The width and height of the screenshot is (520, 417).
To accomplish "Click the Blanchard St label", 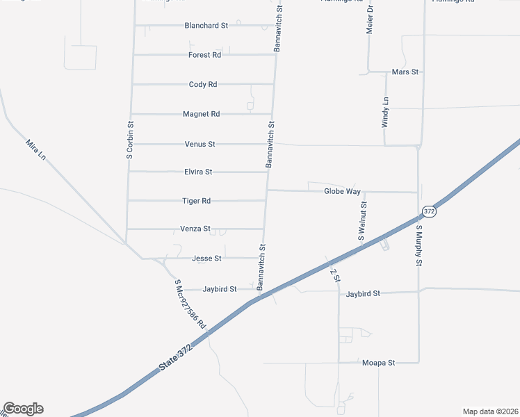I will click(206, 26).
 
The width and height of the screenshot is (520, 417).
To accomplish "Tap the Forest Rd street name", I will click(204, 55).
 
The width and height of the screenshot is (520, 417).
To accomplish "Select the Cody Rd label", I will click(203, 85).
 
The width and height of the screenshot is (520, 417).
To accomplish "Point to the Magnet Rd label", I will click(201, 114).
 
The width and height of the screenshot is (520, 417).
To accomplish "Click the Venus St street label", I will click(200, 145).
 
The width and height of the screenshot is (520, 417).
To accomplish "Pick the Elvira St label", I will click(198, 172).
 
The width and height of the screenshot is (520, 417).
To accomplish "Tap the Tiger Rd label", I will click(196, 201).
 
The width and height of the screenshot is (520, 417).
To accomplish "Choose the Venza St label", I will click(195, 229).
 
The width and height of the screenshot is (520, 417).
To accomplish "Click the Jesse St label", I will click(206, 259).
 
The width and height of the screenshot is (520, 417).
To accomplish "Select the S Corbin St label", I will click(129, 140).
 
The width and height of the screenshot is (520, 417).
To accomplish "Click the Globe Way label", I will click(342, 191).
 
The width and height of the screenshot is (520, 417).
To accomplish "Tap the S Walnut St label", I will click(362, 221).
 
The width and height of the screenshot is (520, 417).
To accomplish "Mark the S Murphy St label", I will click(419, 245).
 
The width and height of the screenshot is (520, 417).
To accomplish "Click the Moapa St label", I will click(378, 363).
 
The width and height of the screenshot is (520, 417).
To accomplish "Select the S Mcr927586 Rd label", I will click(190, 304).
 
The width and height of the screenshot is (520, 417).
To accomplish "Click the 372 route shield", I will click(430, 211).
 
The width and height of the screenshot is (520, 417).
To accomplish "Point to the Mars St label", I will click(405, 72).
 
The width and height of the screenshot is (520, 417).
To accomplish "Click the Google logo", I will click(23, 409).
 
